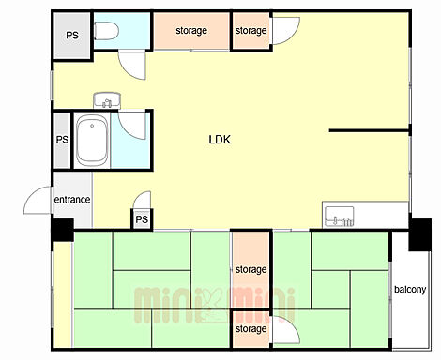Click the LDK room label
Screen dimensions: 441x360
pos(220,140)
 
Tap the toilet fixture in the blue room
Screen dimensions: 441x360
pos(106,31)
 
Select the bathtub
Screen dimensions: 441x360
pos(92,141)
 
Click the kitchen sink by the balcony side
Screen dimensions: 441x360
pos(340,217)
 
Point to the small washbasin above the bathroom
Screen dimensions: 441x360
pos(107,100)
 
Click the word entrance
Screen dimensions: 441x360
pos(72,200)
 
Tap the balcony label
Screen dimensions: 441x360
pos(410,289)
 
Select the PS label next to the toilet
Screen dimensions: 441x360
pos(72,35)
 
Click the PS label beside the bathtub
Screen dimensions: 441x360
pos(62,139)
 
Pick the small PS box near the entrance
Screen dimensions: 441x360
pos(142,219)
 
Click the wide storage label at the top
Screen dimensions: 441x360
pos(191,31)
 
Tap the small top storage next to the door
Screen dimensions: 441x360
pos(251,31)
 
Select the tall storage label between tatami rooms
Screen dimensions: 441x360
pos(251,269)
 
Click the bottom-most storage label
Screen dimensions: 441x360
pos(251,329)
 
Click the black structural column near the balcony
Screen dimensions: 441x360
pos(420,234)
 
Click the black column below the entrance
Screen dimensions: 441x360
pos(63,230)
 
